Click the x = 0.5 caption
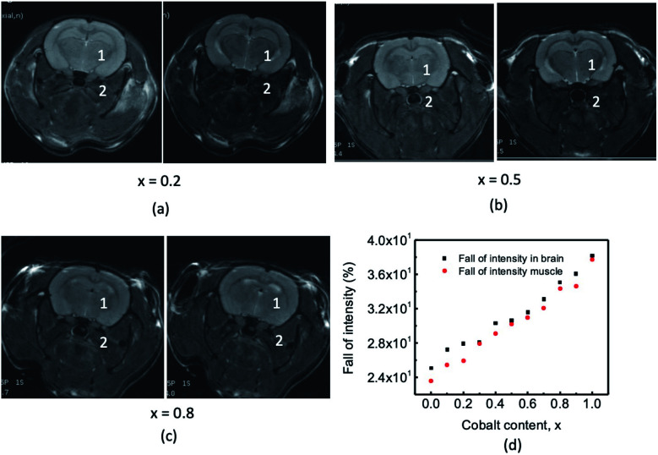coord(496,181)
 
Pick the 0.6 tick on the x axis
coord(527,403)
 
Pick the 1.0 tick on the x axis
coord(591,403)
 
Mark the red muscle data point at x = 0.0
coord(431,381)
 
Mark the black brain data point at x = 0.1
coord(447,349)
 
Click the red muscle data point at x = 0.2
coord(463,361)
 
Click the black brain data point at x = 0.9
coord(575,274)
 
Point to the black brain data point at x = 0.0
coord(431,368)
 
